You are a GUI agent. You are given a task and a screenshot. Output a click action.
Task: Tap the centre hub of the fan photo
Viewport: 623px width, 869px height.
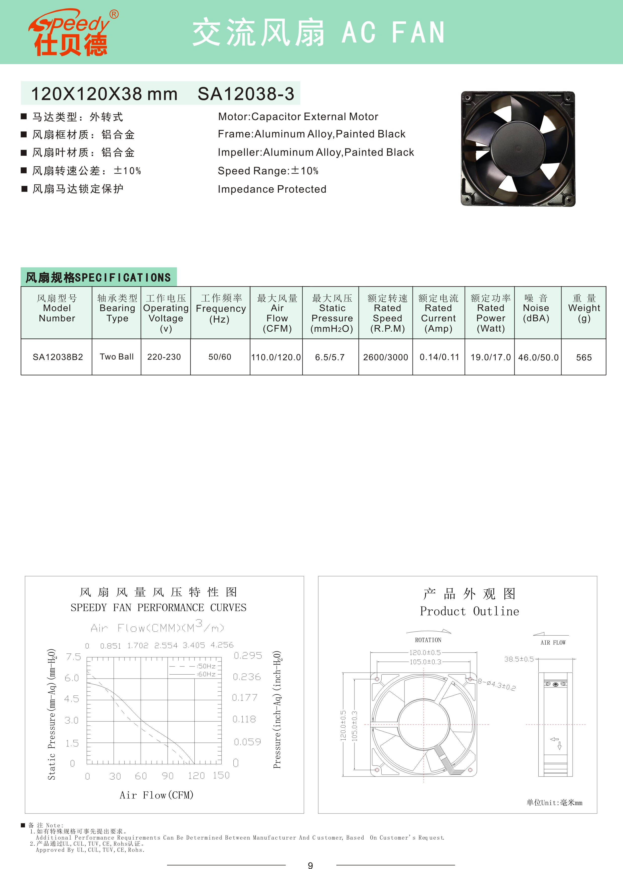point(518,149)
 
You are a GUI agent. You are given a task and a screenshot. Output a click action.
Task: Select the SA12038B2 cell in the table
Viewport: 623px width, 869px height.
point(58,357)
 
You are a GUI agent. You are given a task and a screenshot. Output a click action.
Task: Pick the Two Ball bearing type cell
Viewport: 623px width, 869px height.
point(117,357)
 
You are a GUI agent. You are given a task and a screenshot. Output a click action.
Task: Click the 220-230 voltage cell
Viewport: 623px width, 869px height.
point(164,357)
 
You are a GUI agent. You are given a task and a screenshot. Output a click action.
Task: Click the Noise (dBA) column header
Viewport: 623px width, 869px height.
point(536,309)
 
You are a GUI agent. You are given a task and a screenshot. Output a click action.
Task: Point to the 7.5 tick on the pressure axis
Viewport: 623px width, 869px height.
point(73,657)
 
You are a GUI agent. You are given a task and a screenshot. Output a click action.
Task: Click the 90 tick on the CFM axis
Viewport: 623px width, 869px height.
point(168,776)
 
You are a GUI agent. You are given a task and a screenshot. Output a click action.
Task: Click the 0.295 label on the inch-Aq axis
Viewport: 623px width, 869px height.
point(248,656)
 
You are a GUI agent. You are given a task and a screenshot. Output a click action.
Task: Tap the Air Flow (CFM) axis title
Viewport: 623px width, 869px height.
point(156,795)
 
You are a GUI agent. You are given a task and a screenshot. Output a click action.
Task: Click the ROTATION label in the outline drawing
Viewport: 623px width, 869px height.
point(428,640)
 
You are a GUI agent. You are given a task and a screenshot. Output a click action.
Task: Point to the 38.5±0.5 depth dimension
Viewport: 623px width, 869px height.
point(519,659)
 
